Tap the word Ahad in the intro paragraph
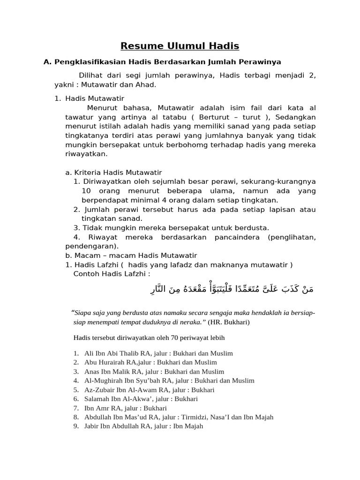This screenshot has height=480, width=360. (x=145, y=85)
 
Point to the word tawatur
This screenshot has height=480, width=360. (x=78, y=117)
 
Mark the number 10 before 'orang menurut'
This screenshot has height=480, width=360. (x=86, y=191)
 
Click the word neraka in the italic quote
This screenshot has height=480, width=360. (x=190, y=322)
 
